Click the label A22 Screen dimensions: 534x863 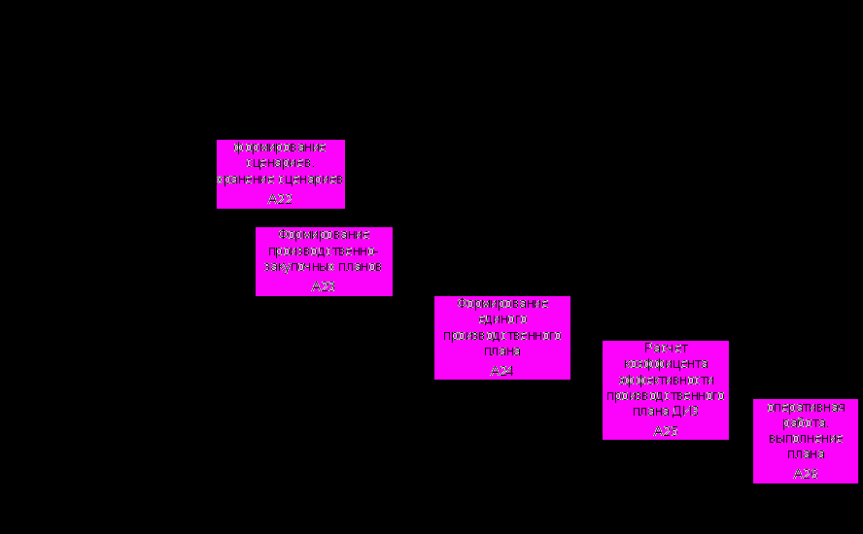(x=280, y=199)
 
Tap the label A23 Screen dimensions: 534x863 (x=324, y=286)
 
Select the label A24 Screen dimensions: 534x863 (x=501, y=371)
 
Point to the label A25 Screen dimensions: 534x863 (x=666, y=431)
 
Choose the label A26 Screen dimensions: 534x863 (x=806, y=474)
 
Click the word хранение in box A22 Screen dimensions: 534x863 (x=247, y=180)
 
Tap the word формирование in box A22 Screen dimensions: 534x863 (x=281, y=147)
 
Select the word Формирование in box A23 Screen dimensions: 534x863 (x=324, y=235)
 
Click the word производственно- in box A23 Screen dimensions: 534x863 (x=324, y=250)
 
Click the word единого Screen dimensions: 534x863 (x=502, y=319)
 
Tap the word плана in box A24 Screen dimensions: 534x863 (x=502, y=350)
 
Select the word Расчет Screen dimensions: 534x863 (x=666, y=349)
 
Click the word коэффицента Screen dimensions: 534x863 (x=666, y=364)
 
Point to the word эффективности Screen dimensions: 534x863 (x=666, y=380)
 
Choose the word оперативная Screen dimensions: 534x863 (x=806, y=408)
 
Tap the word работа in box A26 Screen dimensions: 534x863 (x=806, y=423)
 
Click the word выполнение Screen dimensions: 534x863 (x=806, y=438)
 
